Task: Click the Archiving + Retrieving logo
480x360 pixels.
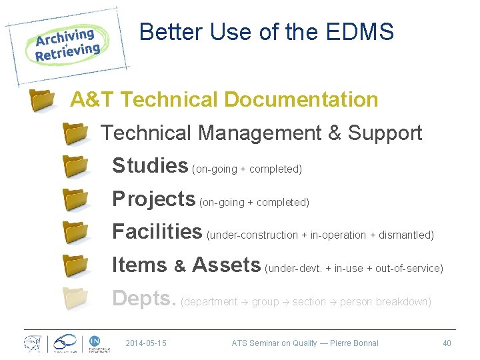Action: pyautogui.click(x=67, y=45)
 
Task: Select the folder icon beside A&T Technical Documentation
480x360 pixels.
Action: pyautogui.click(x=43, y=101)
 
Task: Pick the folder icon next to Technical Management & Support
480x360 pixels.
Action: pyautogui.click(x=75, y=133)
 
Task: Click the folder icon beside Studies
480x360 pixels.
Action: pyautogui.click(x=75, y=166)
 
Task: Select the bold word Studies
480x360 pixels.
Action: pyautogui.click(x=150, y=165)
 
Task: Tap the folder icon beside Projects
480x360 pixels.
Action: pyautogui.click(x=75, y=199)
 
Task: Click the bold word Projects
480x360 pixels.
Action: pyautogui.click(x=153, y=199)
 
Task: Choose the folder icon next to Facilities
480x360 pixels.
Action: pyautogui.click(x=75, y=232)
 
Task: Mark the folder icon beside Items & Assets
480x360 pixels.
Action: pyautogui.click(x=75, y=265)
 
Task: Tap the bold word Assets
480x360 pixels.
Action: pyautogui.click(x=226, y=265)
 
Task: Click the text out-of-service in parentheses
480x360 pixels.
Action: pyautogui.click(x=408, y=269)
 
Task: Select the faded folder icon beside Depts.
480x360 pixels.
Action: pyautogui.click(x=75, y=299)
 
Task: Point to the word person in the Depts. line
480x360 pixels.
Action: pyautogui.click(x=356, y=302)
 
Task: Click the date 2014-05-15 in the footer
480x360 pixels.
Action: pyautogui.click(x=146, y=343)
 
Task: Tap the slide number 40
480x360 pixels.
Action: pyautogui.click(x=447, y=343)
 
